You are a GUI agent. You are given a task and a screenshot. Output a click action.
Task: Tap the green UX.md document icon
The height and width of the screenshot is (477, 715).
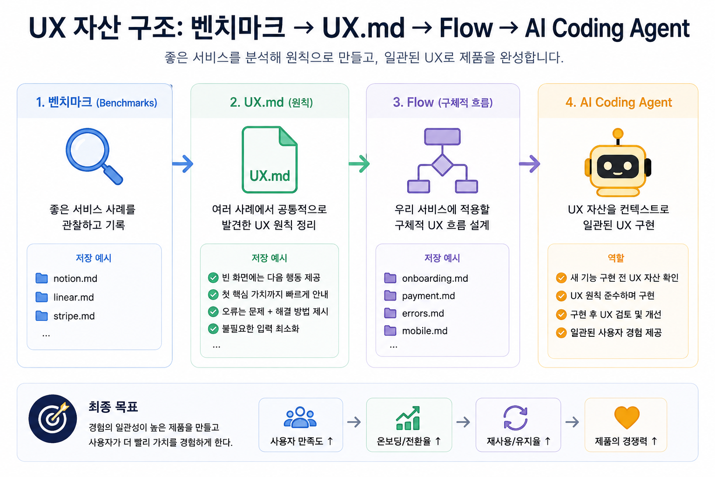270,159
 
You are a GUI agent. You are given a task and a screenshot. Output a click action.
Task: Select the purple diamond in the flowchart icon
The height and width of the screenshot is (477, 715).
442,165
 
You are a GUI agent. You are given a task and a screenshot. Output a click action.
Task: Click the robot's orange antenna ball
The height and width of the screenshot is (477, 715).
618,133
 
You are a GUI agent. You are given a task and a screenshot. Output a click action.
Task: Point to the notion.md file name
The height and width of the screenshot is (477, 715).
75,279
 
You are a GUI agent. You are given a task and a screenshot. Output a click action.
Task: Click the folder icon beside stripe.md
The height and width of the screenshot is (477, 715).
41,316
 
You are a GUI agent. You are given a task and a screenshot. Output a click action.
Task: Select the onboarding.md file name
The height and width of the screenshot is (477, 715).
435,278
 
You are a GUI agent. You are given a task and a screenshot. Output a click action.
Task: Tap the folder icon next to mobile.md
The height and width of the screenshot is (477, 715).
390,331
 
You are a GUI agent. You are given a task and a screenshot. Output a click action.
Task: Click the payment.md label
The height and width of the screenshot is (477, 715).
428,296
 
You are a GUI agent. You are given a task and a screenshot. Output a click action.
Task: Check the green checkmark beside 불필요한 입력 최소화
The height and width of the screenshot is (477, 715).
213,329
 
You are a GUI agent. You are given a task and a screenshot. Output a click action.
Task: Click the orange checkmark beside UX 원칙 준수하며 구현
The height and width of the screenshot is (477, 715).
561,296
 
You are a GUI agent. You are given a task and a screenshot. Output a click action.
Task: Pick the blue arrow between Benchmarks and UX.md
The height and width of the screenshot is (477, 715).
182,164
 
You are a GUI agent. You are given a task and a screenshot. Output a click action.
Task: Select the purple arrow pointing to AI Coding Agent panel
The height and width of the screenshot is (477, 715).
530,164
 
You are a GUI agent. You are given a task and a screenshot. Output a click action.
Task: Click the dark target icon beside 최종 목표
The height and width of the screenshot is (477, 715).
53,419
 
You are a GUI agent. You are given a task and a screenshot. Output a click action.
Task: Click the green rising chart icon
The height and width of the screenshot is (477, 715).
408,418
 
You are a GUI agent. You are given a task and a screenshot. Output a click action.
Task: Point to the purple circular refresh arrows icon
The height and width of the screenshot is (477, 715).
515,418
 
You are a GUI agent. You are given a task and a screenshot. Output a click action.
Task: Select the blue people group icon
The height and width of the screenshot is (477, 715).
300,417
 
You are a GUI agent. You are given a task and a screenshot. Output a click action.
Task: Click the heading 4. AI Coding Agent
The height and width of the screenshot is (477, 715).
619,102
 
